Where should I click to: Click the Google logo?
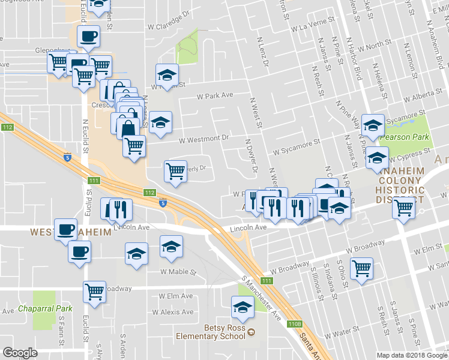pos(20,353)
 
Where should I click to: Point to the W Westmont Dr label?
pos(205,137)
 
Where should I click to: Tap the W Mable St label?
pos(178,271)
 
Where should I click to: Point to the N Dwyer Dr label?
pos(251,154)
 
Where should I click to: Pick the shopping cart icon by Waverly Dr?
pos(175,171)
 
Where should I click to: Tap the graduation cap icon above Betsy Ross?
pos(242,307)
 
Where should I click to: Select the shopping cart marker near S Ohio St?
pos(362,268)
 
